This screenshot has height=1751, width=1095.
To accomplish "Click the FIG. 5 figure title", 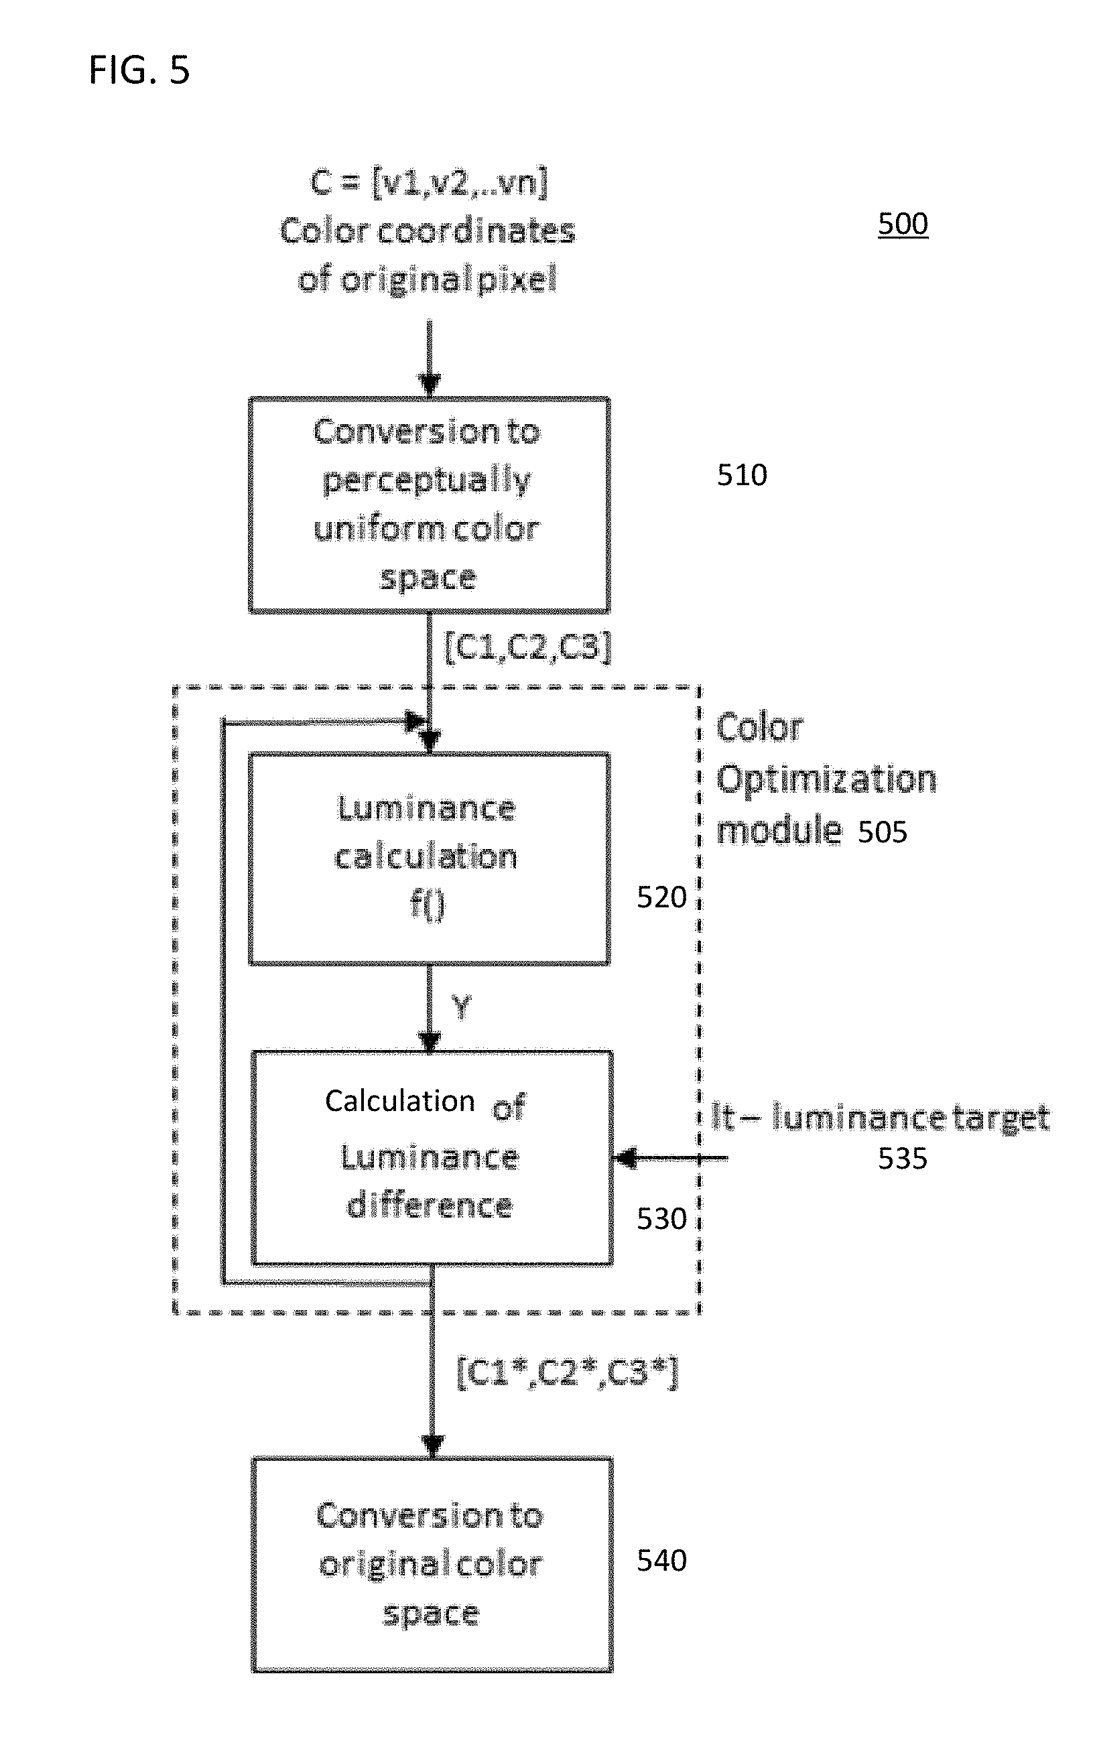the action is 139,70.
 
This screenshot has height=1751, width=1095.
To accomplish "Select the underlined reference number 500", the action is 903,224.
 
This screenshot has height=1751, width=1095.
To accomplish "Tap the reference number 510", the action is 742,475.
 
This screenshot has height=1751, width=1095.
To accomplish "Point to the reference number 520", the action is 661,897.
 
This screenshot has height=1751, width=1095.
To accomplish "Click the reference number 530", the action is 661,1219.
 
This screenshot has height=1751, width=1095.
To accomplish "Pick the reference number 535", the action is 903,1159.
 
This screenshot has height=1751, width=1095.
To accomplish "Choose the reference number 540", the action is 661,1561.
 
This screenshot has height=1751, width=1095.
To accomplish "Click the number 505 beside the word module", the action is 882,832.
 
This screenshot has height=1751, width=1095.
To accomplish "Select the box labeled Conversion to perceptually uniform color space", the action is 430,505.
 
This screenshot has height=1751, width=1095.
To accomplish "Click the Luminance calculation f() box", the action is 430,859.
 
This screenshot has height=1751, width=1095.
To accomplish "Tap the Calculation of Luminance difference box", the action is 432,1158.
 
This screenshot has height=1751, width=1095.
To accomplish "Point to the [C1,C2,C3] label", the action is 528,646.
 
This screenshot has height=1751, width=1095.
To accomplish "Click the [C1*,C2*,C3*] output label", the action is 568,1372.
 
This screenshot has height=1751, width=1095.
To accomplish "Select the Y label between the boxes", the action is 461,1007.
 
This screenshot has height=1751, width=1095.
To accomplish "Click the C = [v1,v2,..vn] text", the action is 429,181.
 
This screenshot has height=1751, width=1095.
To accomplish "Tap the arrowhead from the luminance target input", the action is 625,1158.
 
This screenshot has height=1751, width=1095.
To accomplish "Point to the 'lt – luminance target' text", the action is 880,1117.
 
